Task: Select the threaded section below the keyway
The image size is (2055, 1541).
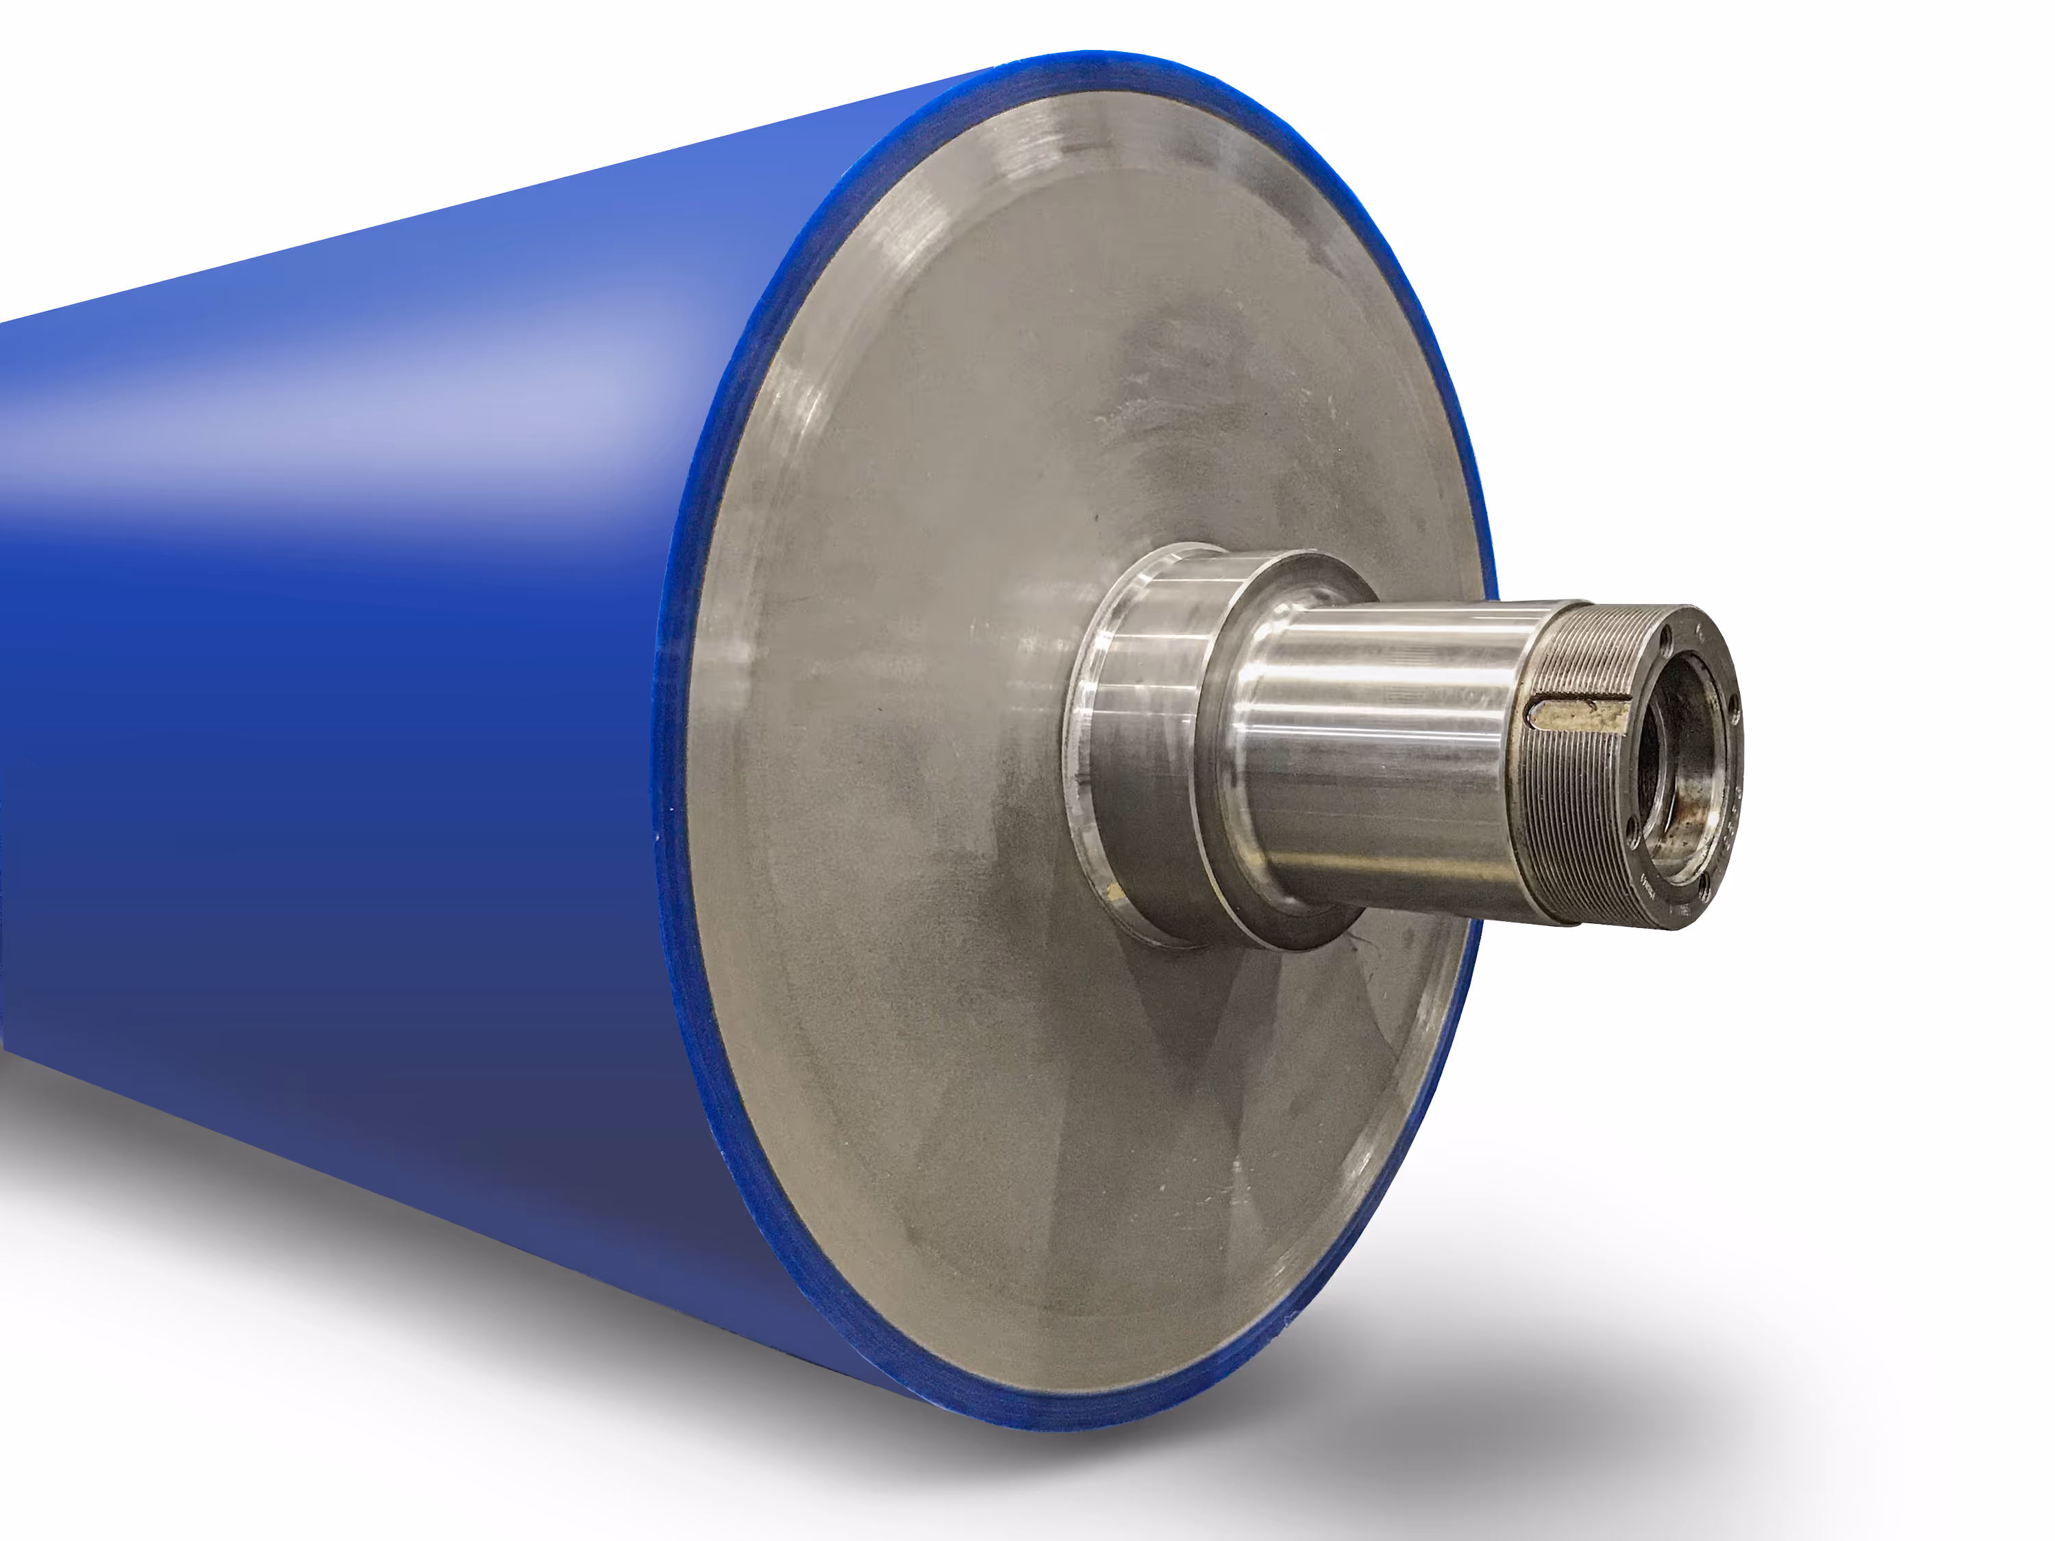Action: [1580, 817]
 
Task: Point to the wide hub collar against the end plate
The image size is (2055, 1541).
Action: [1143, 743]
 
